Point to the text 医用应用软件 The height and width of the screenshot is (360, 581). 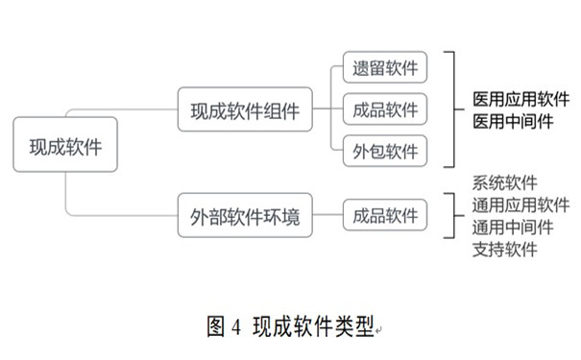coord(520,99)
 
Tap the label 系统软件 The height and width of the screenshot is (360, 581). coord(505,182)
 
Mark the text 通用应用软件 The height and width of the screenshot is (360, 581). coord(520,204)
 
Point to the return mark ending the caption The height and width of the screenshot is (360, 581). coord(377,331)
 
